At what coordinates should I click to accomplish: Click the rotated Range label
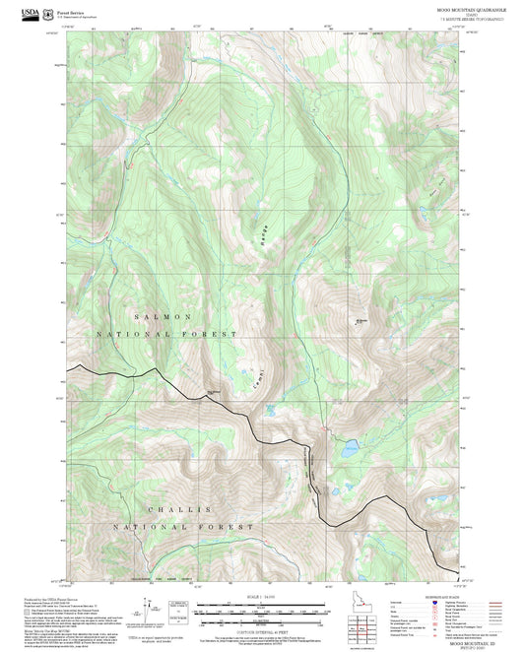click(x=263, y=235)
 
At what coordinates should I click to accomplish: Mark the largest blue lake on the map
click(x=351, y=448)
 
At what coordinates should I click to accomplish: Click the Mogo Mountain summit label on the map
click(x=361, y=321)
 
